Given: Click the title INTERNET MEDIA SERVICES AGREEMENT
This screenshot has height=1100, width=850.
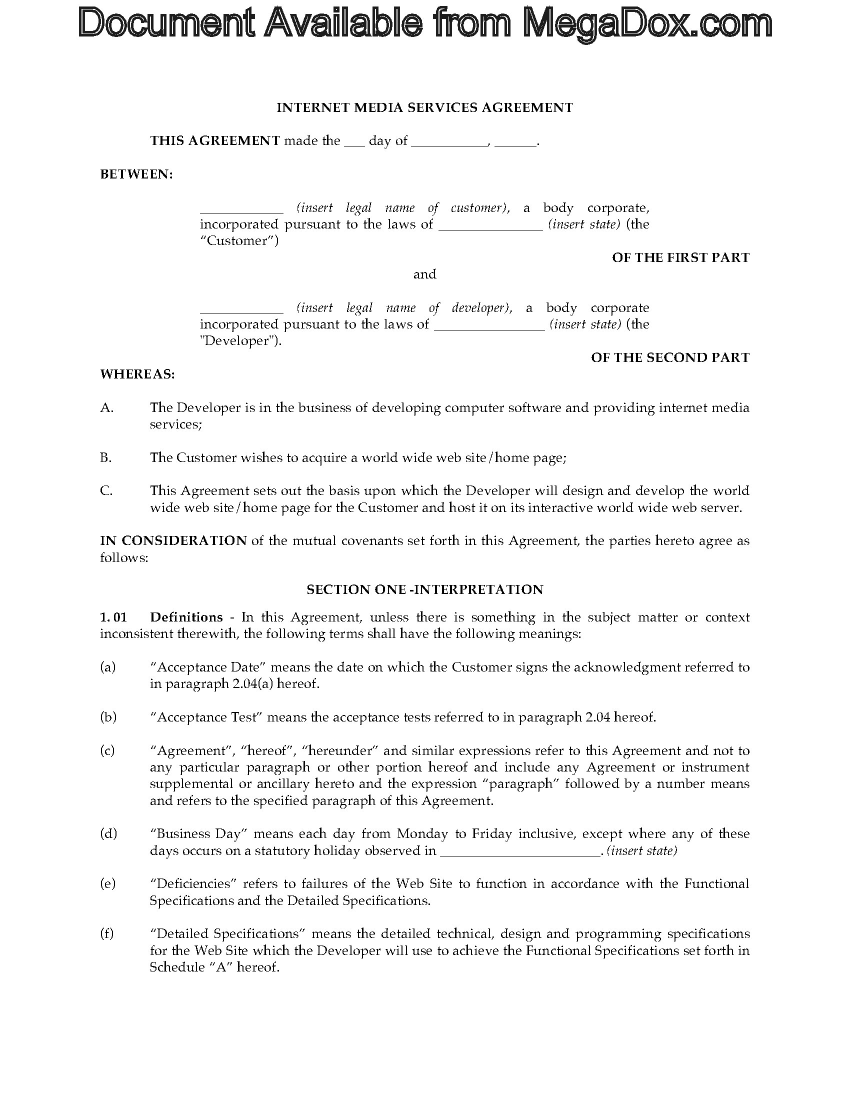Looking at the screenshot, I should pyautogui.click(x=424, y=108).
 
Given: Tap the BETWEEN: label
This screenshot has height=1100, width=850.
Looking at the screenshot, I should pyautogui.click(x=136, y=174).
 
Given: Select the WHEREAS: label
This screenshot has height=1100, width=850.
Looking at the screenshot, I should pyautogui.click(x=137, y=374).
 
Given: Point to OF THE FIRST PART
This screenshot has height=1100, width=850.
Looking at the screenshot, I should pyautogui.click(x=680, y=258).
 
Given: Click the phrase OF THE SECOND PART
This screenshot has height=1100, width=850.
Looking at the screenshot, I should pyautogui.click(x=669, y=357).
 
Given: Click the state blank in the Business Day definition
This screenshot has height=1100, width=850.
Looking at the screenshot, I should pyautogui.click(x=520, y=851).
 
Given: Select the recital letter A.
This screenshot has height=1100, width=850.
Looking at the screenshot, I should pyautogui.click(x=107, y=408).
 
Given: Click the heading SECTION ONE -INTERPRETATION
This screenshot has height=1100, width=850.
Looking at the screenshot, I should pyautogui.click(x=424, y=590).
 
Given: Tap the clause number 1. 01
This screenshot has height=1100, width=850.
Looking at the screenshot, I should pyautogui.click(x=113, y=617).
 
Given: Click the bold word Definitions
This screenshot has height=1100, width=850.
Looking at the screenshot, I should pyautogui.click(x=186, y=617).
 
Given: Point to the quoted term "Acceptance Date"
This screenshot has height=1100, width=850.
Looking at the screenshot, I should pyautogui.click(x=208, y=667).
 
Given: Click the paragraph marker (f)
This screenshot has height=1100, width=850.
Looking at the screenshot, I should pyautogui.click(x=107, y=934).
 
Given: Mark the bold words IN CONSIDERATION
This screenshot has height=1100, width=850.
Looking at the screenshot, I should pyautogui.click(x=173, y=541).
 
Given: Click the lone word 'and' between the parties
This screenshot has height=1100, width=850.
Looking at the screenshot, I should pyautogui.click(x=424, y=274).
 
